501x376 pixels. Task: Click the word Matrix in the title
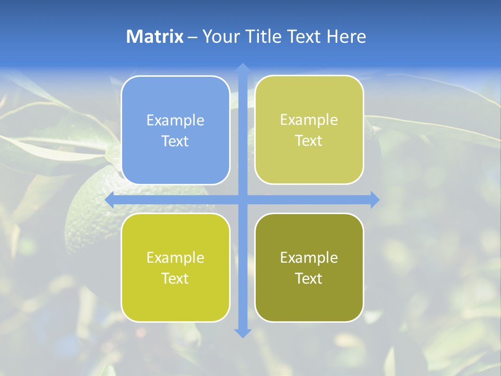(154, 37)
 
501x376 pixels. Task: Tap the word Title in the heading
(264, 37)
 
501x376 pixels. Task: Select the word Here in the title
(346, 37)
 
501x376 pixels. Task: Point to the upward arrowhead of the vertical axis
(243, 67)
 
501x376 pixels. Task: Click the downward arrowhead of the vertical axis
(243, 333)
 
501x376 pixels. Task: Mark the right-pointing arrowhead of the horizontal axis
(375, 199)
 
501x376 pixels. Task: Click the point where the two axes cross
(243, 199)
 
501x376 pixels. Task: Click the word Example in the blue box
(175, 121)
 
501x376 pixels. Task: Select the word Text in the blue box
(175, 142)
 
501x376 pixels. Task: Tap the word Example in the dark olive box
(309, 257)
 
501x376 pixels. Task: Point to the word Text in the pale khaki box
(309, 141)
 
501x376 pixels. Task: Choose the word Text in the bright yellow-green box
(175, 278)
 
